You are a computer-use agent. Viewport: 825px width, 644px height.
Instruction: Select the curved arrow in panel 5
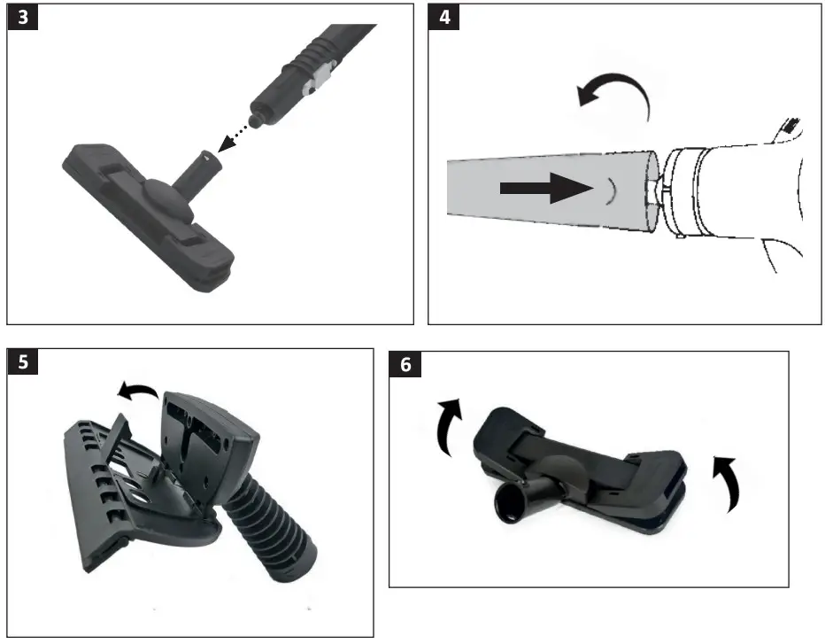135,391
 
